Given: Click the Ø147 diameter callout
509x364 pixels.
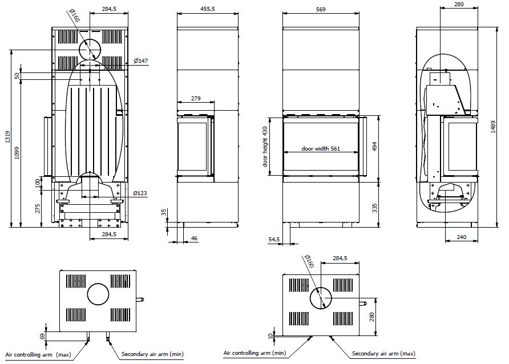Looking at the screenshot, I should (141, 60).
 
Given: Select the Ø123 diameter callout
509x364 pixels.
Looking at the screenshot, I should (140, 193).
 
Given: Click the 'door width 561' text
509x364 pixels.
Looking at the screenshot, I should (321, 149).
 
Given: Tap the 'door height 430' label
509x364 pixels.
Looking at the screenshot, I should (265, 146).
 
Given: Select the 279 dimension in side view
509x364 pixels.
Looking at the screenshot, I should (195, 99).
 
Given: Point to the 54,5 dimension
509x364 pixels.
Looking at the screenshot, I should (274, 239).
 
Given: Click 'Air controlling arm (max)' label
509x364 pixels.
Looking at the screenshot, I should (36, 354).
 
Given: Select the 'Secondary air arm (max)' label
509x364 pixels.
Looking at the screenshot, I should (382, 354).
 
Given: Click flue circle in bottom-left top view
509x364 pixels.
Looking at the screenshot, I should (98, 295).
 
